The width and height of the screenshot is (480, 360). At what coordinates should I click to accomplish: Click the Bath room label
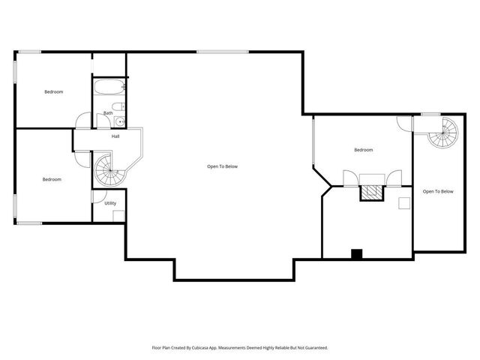click(x=109, y=113)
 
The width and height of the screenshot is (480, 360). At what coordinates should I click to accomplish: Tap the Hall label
click(x=115, y=136)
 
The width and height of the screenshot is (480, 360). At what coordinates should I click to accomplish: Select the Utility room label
click(x=110, y=203)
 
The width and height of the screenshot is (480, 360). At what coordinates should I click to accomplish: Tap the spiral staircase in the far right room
click(x=442, y=133)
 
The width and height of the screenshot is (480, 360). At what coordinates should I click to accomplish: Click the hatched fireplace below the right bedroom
click(x=370, y=193)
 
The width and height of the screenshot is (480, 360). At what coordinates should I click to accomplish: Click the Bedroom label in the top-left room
click(x=53, y=91)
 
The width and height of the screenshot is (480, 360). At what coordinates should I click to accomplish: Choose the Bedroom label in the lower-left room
click(x=52, y=179)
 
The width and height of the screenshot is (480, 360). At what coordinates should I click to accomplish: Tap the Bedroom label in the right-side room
click(x=364, y=150)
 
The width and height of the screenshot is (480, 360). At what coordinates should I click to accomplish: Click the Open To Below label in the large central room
click(x=223, y=166)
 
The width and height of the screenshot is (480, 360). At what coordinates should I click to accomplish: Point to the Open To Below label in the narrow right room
click(x=438, y=191)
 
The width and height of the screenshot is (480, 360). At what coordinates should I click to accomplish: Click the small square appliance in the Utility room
click(x=118, y=216)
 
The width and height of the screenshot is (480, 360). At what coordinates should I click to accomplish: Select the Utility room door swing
click(x=97, y=196)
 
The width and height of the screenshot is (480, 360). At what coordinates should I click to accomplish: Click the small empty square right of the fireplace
click(x=404, y=202)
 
